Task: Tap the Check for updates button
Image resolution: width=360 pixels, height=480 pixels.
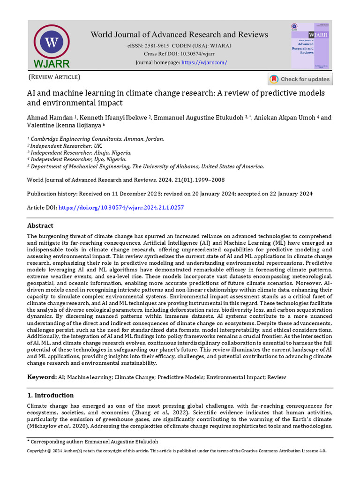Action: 300,79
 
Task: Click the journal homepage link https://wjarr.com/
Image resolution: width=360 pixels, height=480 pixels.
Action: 204,62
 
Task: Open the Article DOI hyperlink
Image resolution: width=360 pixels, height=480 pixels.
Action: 121,207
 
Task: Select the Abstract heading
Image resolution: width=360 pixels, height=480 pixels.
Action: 40,225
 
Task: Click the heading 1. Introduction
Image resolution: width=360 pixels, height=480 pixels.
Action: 50,395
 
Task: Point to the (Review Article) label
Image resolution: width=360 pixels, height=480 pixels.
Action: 54,77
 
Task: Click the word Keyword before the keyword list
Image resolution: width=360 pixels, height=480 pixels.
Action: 41,377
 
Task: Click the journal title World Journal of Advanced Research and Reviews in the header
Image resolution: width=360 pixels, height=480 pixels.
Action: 179,35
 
